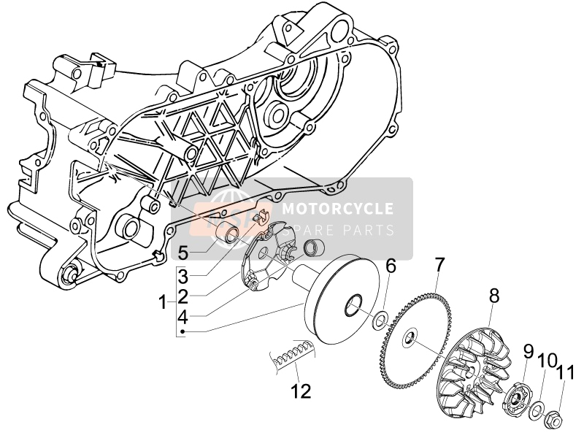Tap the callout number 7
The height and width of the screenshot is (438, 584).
click(x=439, y=264)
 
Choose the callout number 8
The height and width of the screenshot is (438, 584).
click(x=493, y=296)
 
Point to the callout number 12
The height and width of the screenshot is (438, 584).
click(x=301, y=391)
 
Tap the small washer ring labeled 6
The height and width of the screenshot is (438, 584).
click(x=381, y=320)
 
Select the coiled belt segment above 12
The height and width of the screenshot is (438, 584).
click(x=290, y=355)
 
